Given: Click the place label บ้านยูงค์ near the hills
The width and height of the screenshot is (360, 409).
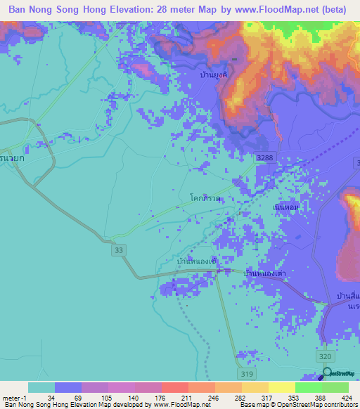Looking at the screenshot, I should [x=214, y=74].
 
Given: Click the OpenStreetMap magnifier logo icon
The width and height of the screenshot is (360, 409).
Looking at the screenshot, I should [x=326, y=372].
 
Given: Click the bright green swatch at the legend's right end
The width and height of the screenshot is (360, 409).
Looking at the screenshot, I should [x=335, y=388].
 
